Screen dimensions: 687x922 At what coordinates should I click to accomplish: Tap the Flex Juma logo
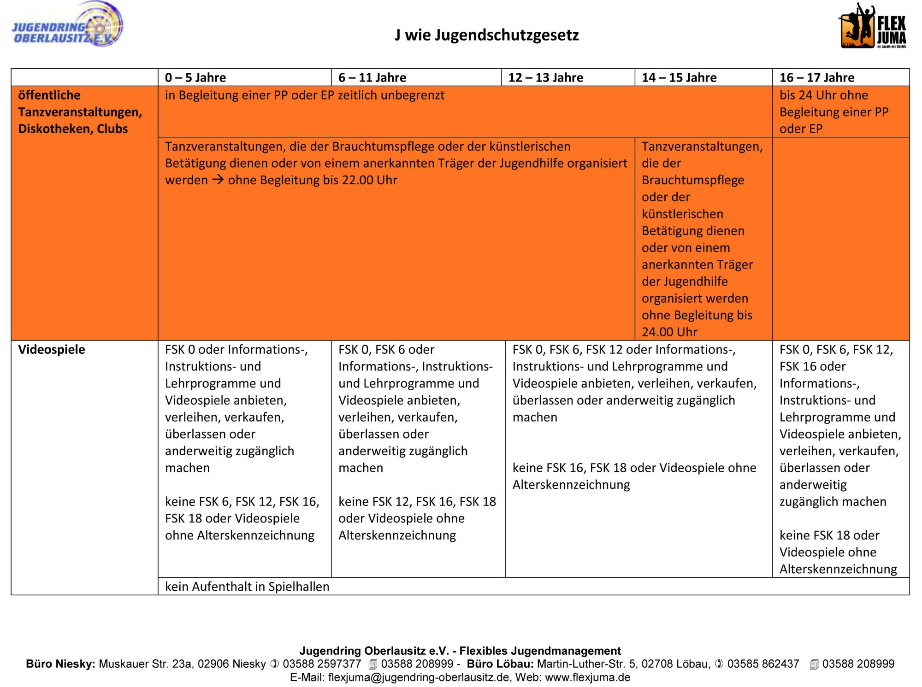(872, 27)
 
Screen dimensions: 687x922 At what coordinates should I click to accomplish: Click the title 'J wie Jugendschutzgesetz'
(486, 35)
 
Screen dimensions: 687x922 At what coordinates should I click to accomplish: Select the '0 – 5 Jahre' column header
(195, 77)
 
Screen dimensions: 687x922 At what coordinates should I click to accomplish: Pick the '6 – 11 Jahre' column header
(372, 77)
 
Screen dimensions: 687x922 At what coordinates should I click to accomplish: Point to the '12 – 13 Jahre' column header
(545, 77)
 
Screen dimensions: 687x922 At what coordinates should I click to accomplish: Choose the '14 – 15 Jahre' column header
(679, 77)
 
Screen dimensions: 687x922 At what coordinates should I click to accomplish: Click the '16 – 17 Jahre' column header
(816, 77)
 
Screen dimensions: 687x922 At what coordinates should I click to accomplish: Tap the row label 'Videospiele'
(52, 349)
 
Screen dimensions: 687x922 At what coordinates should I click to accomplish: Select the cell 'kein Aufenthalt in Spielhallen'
(247, 587)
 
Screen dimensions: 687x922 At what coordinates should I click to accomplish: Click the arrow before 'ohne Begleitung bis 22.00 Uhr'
(218, 180)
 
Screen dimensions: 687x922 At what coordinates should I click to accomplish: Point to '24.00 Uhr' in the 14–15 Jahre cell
(669, 332)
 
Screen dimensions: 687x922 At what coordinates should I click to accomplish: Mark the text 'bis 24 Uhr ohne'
(823, 95)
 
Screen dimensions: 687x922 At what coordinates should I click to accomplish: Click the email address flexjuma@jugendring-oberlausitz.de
(419, 677)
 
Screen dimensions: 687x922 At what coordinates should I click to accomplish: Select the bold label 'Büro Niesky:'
(60, 664)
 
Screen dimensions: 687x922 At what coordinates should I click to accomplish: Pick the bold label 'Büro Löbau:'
(500, 664)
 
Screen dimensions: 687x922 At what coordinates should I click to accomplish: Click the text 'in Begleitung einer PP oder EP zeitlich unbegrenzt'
(305, 95)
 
